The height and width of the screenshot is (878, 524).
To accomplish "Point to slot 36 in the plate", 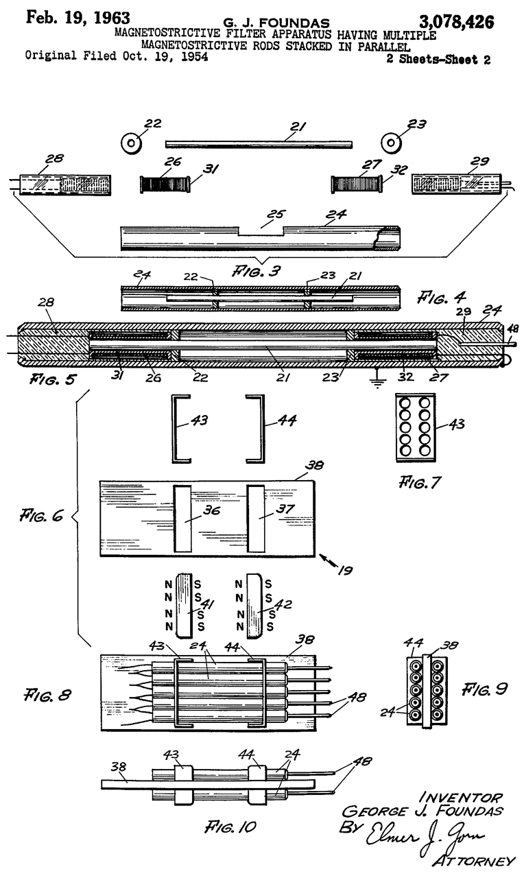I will click(x=183, y=517).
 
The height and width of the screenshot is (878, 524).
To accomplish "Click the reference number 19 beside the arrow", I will click(x=348, y=569).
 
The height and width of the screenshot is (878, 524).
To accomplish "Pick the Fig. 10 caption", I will click(x=239, y=827).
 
